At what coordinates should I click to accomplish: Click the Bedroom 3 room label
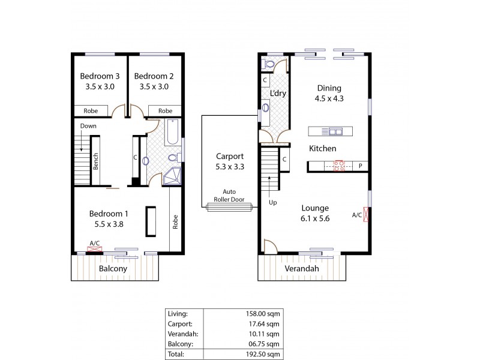(x=101, y=76)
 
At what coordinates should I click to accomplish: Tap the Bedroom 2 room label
(x=154, y=76)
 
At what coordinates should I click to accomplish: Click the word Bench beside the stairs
(x=95, y=160)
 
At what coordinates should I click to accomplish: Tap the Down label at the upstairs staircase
(x=89, y=126)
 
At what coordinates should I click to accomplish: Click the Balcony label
(x=113, y=269)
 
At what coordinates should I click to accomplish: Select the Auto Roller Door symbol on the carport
(x=228, y=207)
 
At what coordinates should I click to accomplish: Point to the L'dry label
(x=277, y=93)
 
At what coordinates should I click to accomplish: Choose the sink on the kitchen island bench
(x=334, y=131)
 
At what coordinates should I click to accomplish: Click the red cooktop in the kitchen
(x=338, y=166)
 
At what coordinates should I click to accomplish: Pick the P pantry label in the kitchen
(x=361, y=166)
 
